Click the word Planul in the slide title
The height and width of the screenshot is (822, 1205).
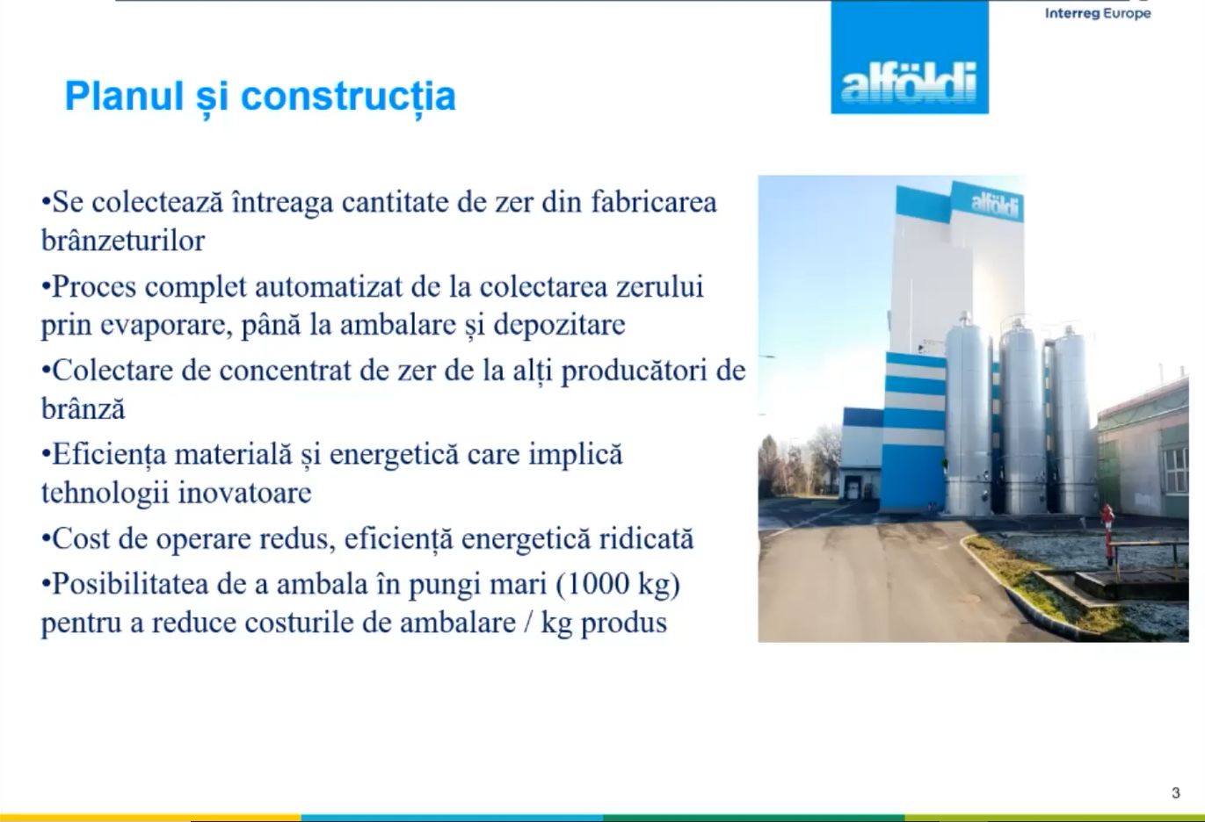point(124,97)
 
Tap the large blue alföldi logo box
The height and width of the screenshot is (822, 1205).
point(910,57)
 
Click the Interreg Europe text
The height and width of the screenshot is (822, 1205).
point(1098,13)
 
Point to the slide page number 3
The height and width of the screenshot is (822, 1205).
point(1176,793)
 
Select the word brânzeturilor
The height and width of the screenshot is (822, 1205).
point(123,240)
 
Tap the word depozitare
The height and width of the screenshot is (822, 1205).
point(559,325)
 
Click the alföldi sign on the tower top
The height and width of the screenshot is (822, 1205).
point(996,205)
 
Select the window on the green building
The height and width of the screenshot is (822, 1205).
point(1175,471)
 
